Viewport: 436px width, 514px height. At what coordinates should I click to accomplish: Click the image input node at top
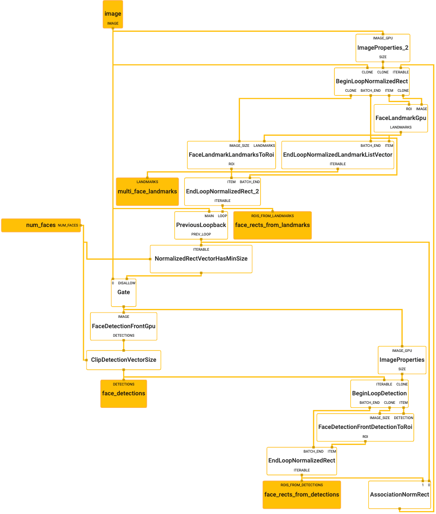[x=113, y=14]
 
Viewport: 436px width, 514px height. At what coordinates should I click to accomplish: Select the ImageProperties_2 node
[x=383, y=47]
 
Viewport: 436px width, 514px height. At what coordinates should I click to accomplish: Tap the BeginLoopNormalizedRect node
[x=372, y=81]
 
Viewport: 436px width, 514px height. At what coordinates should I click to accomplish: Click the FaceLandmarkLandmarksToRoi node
[x=231, y=155]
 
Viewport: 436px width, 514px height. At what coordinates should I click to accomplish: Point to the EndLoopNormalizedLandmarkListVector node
[x=338, y=155]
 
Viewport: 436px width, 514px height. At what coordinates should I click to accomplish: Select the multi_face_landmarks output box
[x=147, y=192]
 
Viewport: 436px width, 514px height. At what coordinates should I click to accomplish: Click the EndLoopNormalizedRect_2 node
[x=222, y=191]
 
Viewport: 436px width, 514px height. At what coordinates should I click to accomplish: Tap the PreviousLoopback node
[x=201, y=225]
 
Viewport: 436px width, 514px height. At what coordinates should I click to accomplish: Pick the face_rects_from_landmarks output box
[x=272, y=225]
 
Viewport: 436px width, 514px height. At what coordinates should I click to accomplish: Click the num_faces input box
[x=41, y=225]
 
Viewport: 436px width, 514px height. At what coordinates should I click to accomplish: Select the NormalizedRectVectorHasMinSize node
[x=201, y=259]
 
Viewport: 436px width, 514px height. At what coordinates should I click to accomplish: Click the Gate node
[x=123, y=292]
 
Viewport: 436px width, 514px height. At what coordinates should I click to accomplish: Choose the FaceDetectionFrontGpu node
[x=123, y=326]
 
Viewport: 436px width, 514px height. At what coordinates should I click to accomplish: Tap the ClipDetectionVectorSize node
[x=123, y=360]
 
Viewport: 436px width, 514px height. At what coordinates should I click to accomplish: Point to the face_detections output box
[x=123, y=394]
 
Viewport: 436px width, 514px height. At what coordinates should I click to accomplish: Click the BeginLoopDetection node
[x=379, y=394]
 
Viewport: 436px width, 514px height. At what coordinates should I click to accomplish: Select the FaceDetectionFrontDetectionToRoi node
[x=365, y=427]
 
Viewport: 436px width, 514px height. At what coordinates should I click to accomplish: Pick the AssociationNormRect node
[x=399, y=495]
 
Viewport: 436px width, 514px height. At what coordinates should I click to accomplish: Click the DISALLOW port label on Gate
[x=126, y=283]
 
